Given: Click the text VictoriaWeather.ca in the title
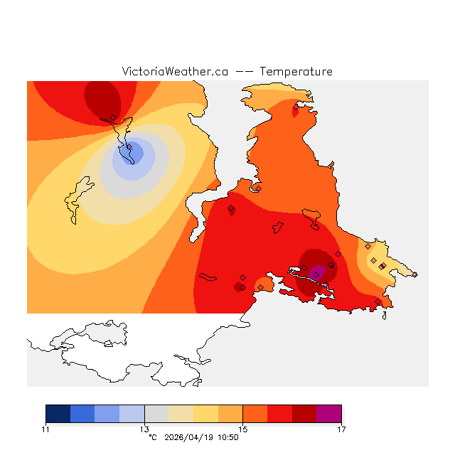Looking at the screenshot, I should [x=175, y=72].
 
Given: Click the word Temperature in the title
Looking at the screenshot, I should [x=296, y=72].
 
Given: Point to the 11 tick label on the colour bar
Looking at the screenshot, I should [x=45, y=429].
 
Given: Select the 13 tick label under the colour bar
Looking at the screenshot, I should [x=144, y=429].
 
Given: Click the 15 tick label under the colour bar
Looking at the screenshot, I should [x=242, y=429].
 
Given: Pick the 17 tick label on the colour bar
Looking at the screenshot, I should [x=341, y=429].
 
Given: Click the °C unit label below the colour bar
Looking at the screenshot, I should [x=152, y=438].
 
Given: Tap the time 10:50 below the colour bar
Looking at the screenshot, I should [x=227, y=438].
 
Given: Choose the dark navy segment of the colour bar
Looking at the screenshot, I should [x=58, y=414].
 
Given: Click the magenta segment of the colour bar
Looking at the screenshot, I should [x=329, y=414].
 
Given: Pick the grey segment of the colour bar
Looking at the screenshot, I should [x=156, y=414].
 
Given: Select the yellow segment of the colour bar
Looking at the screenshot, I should [x=205, y=414].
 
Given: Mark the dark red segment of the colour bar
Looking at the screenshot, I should [x=304, y=414].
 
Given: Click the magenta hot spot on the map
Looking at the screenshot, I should [x=318, y=271].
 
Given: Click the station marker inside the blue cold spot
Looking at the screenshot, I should [x=129, y=147].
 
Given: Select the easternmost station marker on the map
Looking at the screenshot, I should [x=415, y=274].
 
